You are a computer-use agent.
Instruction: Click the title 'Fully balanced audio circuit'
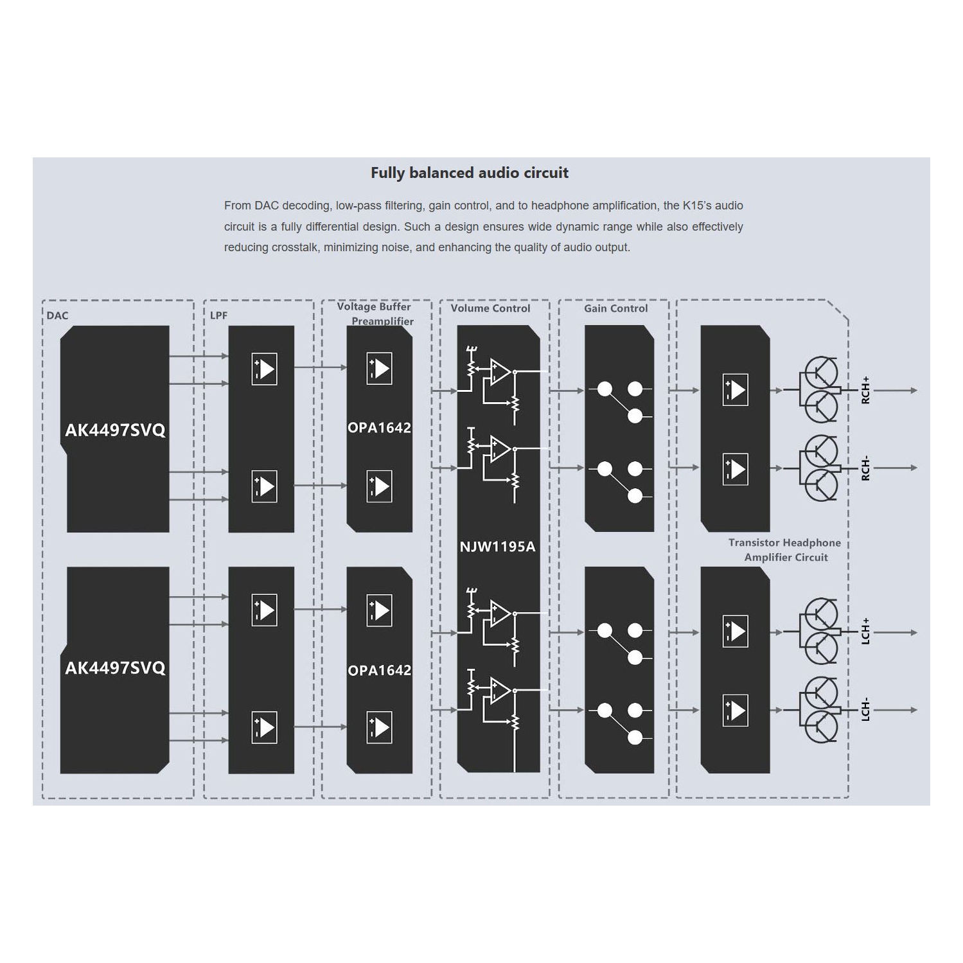pos(469,173)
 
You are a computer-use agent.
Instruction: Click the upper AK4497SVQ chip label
pos(115,430)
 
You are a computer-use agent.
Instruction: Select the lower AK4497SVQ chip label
pos(115,668)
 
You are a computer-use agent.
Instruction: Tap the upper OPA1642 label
pos(379,428)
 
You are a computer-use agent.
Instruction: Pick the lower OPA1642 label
pos(379,671)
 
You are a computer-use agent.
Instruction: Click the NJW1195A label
pos(497,547)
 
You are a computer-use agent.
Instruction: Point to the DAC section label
pos(57,315)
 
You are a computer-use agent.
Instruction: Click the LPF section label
pos(218,315)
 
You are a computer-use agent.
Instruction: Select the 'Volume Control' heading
pos(490,308)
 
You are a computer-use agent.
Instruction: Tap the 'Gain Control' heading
pos(615,308)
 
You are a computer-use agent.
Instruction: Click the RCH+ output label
pos(865,390)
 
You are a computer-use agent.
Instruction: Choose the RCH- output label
pos(865,468)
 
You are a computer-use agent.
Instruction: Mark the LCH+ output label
pos(865,632)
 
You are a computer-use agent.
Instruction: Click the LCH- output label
pos(865,710)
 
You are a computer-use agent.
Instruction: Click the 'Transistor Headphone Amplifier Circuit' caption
pos(785,550)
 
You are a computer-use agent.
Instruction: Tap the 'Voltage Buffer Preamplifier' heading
pos(375,314)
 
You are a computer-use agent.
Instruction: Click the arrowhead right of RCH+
pos(913,390)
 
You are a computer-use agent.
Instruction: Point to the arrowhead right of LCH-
pos(913,710)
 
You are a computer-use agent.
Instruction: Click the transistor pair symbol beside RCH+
pos(819,390)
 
